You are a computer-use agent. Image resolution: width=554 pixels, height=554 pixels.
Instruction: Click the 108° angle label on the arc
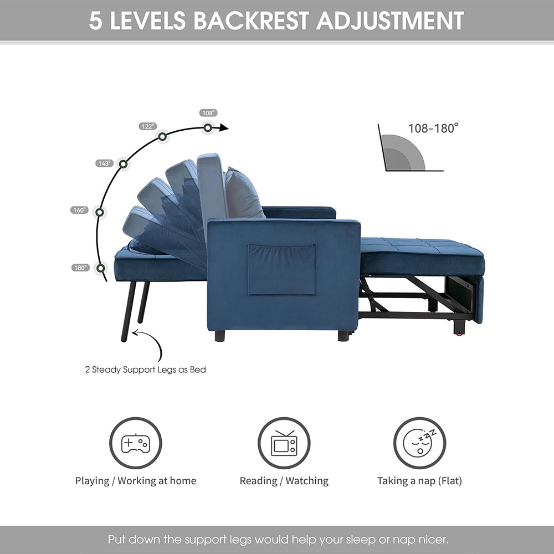[208, 113]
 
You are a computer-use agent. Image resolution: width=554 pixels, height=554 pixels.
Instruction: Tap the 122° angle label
[147, 126]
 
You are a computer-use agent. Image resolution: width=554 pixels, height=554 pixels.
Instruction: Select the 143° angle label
[104, 163]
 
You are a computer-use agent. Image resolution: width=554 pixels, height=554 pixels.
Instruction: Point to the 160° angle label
[79, 210]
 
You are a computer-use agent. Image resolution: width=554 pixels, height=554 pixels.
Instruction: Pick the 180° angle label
[80, 268]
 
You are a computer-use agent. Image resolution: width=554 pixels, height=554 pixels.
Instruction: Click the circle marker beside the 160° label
[100, 212]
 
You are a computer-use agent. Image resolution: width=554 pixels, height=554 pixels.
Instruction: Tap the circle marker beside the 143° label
[124, 164]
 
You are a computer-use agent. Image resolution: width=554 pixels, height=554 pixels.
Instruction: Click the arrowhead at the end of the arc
[224, 127]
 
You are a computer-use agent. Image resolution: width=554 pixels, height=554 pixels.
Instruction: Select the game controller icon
[136, 443]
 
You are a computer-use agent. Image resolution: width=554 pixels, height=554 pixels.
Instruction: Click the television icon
[284, 443]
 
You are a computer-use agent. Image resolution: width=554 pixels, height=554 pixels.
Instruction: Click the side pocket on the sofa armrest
[283, 270]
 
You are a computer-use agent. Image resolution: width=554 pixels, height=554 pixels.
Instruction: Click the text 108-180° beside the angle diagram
[433, 129]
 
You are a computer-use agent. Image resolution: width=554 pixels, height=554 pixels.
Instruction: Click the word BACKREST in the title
[251, 20]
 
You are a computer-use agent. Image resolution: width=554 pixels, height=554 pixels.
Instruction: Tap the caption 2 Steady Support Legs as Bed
[146, 370]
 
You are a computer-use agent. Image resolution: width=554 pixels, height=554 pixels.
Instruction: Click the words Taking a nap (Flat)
[420, 481]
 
